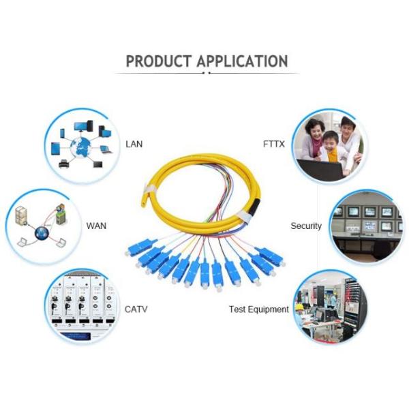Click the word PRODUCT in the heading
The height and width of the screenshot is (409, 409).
[x=159, y=61]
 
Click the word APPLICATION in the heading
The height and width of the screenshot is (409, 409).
[x=242, y=61]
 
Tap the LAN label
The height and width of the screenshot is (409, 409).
[x=134, y=144]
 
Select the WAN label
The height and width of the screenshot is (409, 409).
[x=96, y=226]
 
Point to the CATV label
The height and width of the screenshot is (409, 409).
[x=136, y=309]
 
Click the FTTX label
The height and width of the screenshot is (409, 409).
[x=273, y=144]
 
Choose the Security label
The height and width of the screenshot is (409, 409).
[x=306, y=226]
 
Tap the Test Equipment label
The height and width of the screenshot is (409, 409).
[x=259, y=309]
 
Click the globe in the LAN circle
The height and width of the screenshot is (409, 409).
[x=80, y=148]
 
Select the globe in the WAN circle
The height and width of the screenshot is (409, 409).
[x=42, y=233]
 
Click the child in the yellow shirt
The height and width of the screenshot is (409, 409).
[x=331, y=147]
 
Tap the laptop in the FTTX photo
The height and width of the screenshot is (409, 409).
[x=320, y=169]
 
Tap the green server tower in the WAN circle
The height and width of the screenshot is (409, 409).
[x=61, y=215]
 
